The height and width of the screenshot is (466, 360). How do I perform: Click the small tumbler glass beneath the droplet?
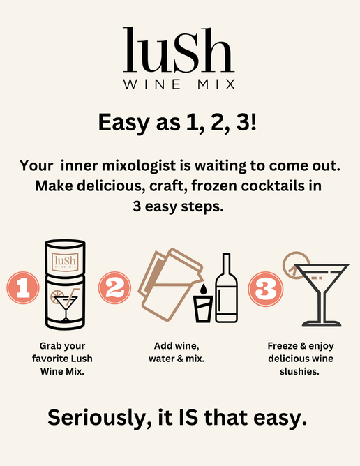point(203,309)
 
